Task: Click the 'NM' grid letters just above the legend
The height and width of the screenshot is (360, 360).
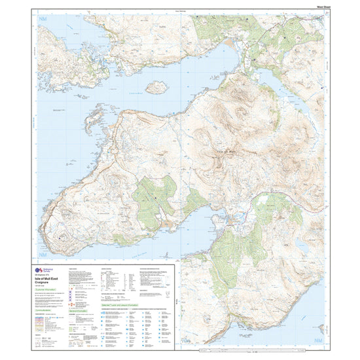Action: pos(44,254)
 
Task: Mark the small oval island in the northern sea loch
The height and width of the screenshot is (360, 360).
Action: pos(155,86)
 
